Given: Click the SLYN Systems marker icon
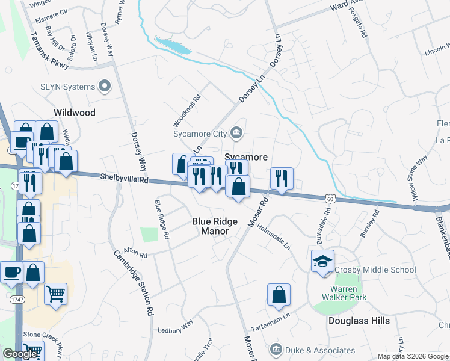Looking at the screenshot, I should [x=105, y=87].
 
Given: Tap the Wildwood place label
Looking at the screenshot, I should [x=75, y=113].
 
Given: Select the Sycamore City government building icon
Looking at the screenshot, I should [x=236, y=133].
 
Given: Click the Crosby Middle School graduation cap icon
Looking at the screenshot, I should [x=322, y=262].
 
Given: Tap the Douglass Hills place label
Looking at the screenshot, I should [x=359, y=321].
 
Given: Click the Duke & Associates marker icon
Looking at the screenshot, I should [x=276, y=350].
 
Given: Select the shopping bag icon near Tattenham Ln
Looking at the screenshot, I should [x=279, y=295].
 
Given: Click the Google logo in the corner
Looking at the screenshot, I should [x=20, y=354].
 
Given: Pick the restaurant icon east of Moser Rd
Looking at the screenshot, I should [x=281, y=178].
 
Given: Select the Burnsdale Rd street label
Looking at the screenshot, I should [x=327, y=220].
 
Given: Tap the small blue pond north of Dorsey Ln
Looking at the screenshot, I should [x=173, y=45].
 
